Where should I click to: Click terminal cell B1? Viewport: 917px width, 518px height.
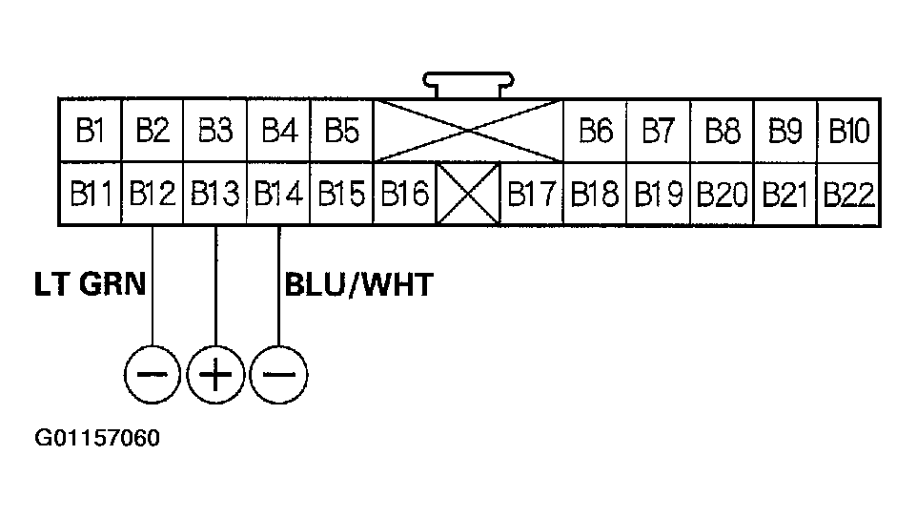pyautogui.click(x=90, y=131)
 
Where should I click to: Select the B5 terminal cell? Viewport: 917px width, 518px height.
pyautogui.click(x=341, y=131)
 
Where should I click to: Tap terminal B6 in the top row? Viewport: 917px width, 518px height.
pyautogui.click(x=595, y=131)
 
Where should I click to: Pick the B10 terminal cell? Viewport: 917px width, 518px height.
pyautogui.click(x=848, y=131)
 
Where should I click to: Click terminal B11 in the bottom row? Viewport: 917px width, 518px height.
pyautogui.click(x=90, y=195)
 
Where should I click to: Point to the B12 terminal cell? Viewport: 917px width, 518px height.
pyautogui.click(x=153, y=195)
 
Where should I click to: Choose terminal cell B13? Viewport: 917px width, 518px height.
pyautogui.click(x=215, y=195)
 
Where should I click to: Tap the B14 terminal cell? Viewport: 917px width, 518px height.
pyautogui.click(x=278, y=195)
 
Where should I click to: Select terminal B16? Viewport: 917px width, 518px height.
pyautogui.click(x=404, y=195)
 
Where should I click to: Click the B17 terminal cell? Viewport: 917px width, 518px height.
pyautogui.click(x=531, y=195)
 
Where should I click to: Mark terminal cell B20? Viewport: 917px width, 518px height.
pyautogui.click(x=722, y=195)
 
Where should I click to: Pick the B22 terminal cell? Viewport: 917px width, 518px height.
pyautogui.click(x=848, y=195)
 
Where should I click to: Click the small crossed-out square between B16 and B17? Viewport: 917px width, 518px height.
pyautogui.click(x=468, y=194)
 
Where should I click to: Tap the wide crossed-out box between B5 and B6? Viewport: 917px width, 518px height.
pyautogui.click(x=468, y=131)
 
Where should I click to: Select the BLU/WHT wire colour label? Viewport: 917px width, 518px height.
pyautogui.click(x=358, y=284)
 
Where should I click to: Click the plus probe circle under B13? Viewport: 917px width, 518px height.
pyautogui.click(x=215, y=373)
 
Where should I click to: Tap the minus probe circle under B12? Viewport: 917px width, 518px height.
pyautogui.click(x=153, y=373)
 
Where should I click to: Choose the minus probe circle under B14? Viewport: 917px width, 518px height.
pyautogui.click(x=278, y=373)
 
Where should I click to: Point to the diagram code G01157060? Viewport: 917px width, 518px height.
pyautogui.click(x=97, y=440)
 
